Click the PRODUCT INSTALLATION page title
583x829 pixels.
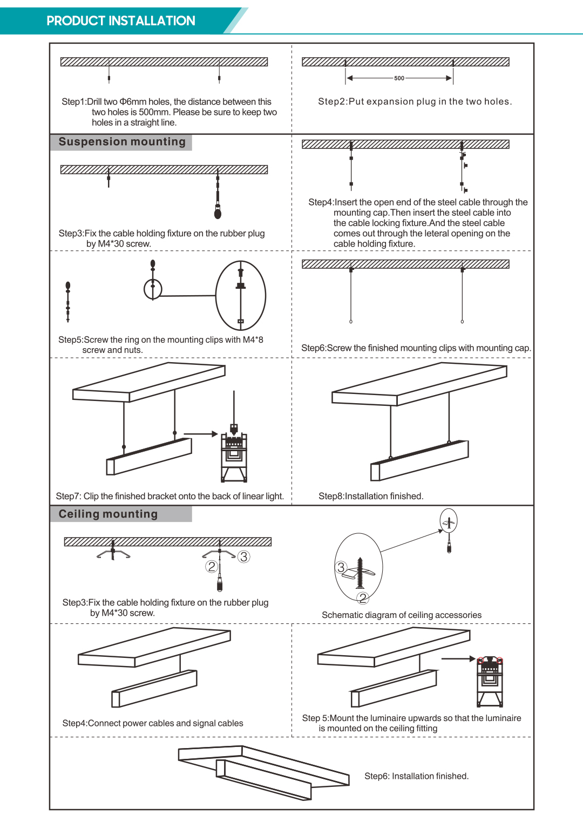coord(121,21)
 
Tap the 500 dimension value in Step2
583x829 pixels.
coord(399,78)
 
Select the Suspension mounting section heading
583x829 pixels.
coord(122,142)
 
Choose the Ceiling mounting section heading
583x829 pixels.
coord(108,514)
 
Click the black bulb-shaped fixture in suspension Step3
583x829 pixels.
coord(218,213)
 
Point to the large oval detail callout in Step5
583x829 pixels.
coord(241,295)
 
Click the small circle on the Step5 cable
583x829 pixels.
coord(153,289)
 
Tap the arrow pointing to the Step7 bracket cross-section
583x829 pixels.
coord(200,433)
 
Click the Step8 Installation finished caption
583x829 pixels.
coord(371,496)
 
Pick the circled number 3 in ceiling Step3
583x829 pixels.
coord(244,556)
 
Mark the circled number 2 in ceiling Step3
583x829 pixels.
coord(212,566)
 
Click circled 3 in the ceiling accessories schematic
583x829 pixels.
coord(341,567)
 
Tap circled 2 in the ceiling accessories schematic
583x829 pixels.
coord(363,598)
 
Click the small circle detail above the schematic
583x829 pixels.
coord(449,521)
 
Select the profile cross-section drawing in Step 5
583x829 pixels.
coord(490,681)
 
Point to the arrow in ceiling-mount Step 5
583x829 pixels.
coord(458,659)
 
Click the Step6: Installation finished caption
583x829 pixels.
coord(416,776)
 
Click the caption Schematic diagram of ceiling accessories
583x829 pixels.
coord(402,615)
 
